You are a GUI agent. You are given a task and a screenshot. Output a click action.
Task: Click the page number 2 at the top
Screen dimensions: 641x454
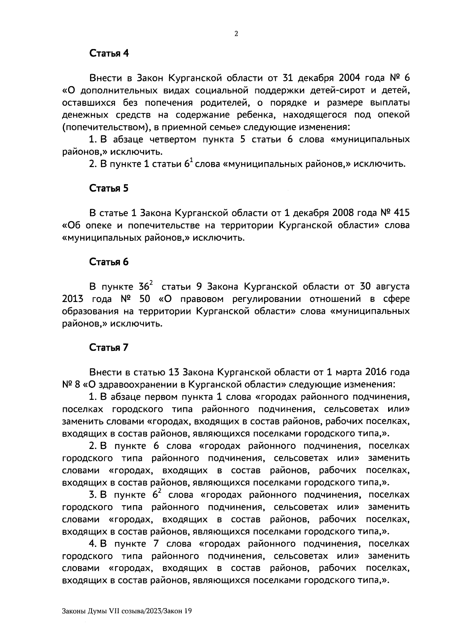[x=236, y=34]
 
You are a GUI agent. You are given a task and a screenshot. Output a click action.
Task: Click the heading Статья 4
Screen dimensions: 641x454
[x=109, y=53]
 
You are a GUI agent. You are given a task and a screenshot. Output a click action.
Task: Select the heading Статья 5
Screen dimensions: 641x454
[x=109, y=189]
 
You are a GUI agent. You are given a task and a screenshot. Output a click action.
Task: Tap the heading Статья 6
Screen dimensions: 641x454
[x=109, y=262]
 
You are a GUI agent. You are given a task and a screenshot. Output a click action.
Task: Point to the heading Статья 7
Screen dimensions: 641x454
[x=109, y=347]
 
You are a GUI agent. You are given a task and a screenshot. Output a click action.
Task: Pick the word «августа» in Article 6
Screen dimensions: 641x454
[x=390, y=287]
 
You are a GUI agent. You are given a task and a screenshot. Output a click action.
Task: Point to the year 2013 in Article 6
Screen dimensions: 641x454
[x=72, y=299]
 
